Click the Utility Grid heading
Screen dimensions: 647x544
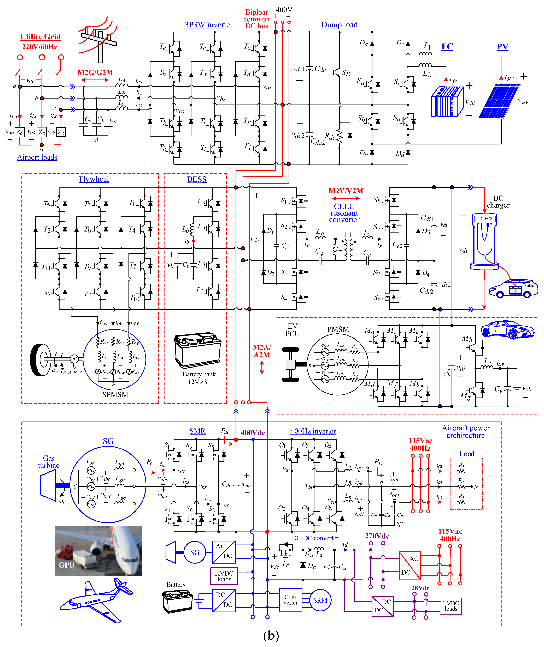tap(40, 37)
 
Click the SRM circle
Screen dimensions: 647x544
tap(320, 600)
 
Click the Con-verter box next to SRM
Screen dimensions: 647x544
tap(290, 600)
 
